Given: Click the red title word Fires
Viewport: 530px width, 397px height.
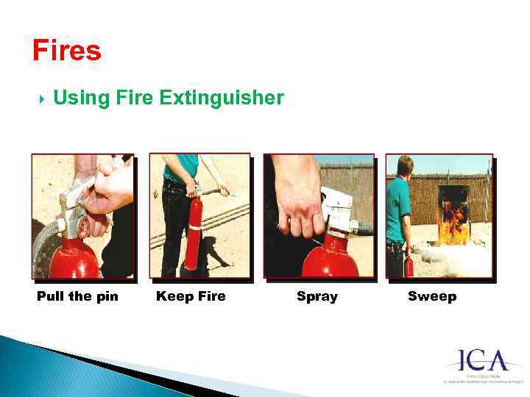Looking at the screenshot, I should click(x=66, y=51).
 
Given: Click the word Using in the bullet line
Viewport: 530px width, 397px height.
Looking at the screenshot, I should click(x=81, y=98).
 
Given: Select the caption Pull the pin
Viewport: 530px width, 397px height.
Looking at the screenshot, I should click(x=77, y=296).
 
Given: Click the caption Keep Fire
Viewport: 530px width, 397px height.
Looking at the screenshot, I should click(x=191, y=296).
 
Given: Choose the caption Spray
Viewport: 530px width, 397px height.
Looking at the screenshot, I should click(x=317, y=296).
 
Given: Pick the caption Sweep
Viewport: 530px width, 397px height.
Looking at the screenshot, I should click(x=432, y=296).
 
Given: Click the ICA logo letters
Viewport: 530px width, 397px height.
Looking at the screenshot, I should click(x=484, y=361).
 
